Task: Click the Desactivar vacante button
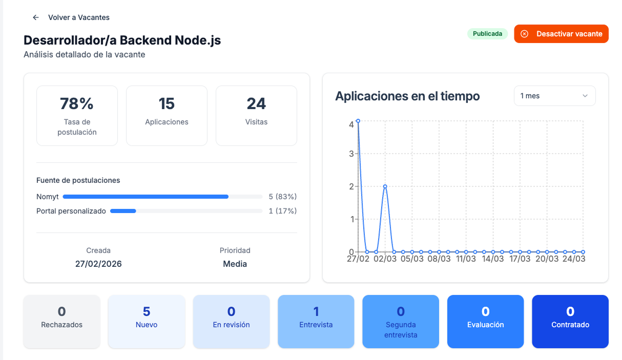(x=561, y=34)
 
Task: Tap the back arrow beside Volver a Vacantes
(x=36, y=17)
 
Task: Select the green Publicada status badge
(x=487, y=34)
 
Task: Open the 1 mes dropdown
(x=554, y=96)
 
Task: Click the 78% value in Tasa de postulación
(x=77, y=104)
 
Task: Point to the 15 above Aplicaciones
(x=167, y=104)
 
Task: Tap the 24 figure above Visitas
(x=256, y=104)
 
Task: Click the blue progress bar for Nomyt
(x=146, y=197)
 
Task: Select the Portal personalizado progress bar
(x=123, y=211)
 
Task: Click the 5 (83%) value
(x=282, y=197)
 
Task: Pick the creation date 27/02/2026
(x=98, y=264)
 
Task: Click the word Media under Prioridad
(x=235, y=264)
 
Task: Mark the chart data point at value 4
(x=358, y=121)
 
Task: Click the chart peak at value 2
(x=385, y=186)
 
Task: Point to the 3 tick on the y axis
(x=351, y=154)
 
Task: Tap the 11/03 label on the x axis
(x=466, y=259)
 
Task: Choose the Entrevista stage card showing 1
(x=316, y=321)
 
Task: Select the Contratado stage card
(x=570, y=321)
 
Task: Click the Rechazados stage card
(x=61, y=321)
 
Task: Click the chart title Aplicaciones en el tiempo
(x=407, y=96)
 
